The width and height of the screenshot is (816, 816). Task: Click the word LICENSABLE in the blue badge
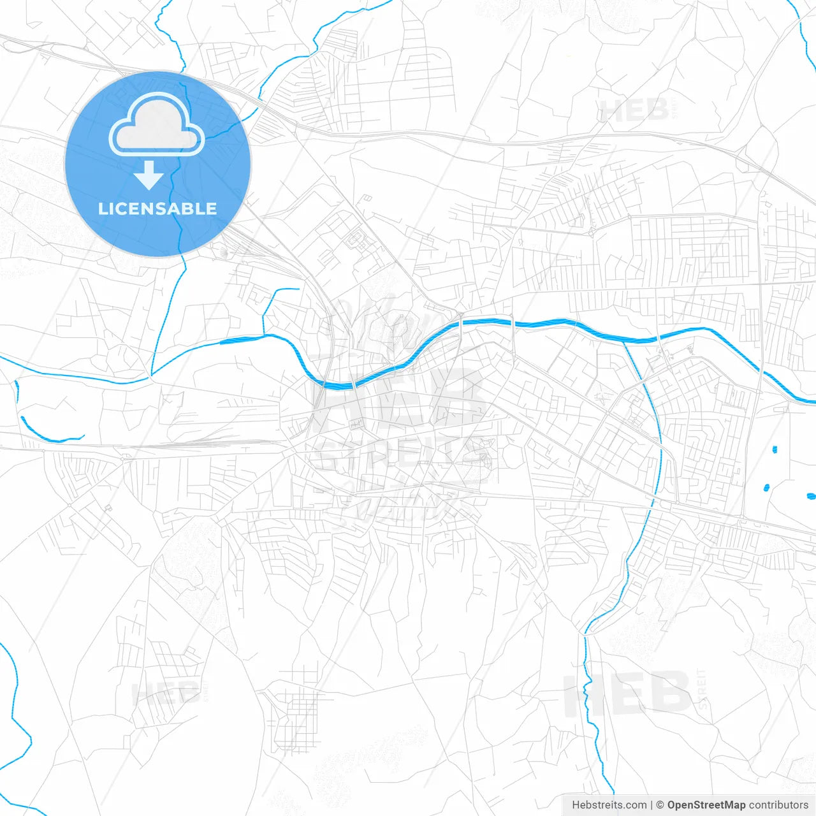157,208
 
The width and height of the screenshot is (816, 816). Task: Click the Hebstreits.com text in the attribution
609,805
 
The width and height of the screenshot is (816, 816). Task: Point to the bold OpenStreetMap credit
706,805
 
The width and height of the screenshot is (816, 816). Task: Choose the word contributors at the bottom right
778,805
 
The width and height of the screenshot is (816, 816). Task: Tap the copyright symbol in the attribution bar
660,805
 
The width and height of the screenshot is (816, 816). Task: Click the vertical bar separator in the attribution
652,805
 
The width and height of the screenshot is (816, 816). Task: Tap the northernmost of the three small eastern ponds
775,449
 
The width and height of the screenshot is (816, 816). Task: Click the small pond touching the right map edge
811,495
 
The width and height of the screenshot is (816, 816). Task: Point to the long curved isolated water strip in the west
51,433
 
